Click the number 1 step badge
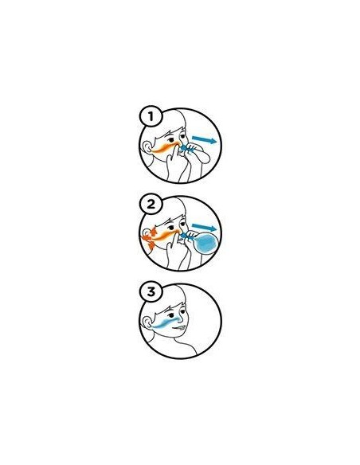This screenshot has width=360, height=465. click(x=151, y=116)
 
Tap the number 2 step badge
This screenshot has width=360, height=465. click(x=151, y=205)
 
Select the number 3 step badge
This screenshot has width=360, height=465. click(x=151, y=291)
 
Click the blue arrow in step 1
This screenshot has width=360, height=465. click(x=205, y=139)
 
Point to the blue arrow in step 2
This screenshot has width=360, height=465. click(x=205, y=227)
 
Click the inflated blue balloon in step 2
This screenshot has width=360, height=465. click(x=207, y=243)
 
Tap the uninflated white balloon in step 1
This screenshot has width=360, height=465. click(x=200, y=155)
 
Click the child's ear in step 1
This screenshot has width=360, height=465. click(x=146, y=147)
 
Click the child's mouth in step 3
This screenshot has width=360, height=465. click(x=180, y=328)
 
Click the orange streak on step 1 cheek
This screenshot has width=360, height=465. click(x=165, y=147)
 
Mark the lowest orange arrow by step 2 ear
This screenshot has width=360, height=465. click(x=151, y=245)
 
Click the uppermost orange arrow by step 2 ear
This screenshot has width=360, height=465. click(x=154, y=232)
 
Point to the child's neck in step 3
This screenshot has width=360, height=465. click(x=178, y=346)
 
